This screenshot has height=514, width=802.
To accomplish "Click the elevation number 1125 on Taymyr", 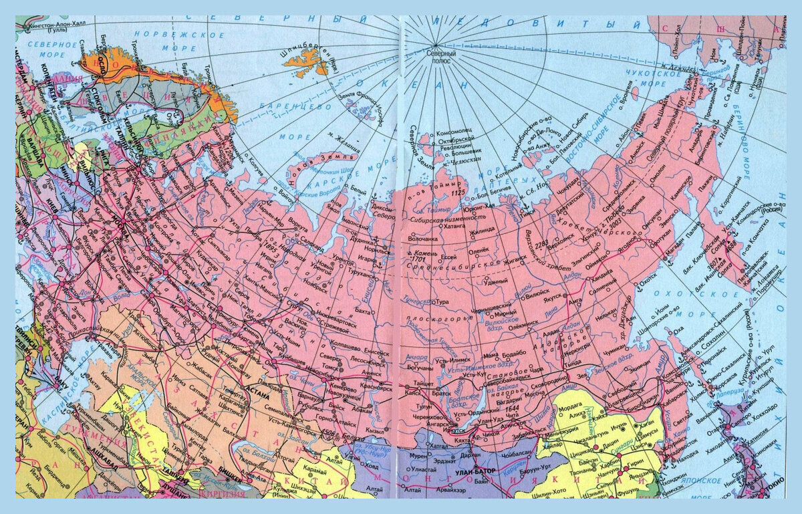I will [458, 192].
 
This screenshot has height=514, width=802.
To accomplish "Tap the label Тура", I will [443, 301].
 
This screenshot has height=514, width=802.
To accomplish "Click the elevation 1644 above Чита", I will [512, 408].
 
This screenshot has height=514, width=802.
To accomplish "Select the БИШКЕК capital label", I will [231, 480].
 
